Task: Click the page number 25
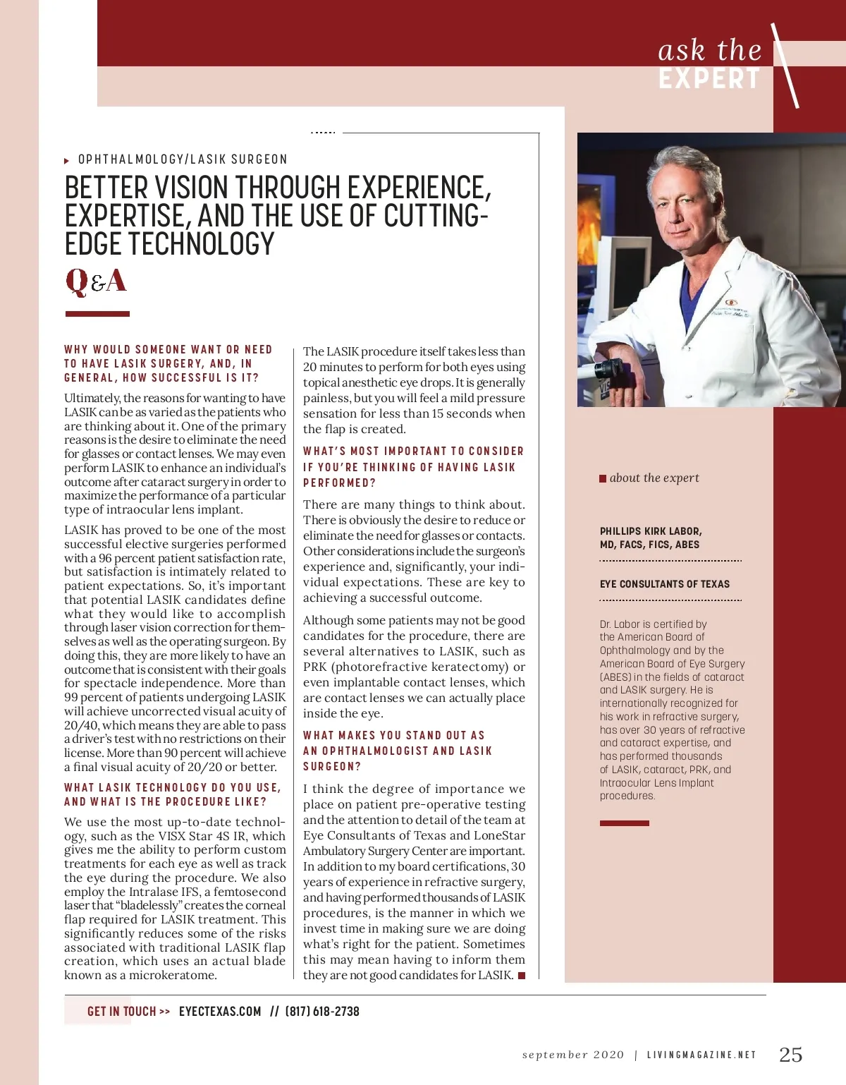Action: pos(790,1055)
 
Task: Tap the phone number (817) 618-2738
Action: pos(322,1012)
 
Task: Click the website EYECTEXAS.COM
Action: pos(220,1012)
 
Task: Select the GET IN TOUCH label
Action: pos(121,1012)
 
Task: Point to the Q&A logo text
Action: pos(96,281)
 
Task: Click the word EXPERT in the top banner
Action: pos(709,79)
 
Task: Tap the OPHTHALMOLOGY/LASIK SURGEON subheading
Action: pos(183,159)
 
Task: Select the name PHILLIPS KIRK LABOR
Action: pos(651,531)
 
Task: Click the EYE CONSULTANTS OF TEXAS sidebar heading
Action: pos(665,584)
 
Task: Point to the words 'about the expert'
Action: pos(654,478)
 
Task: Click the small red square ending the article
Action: pos(522,976)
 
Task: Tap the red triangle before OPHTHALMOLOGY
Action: pos(67,161)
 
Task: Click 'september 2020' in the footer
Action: pos(573,1055)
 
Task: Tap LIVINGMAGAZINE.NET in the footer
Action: pos(701,1055)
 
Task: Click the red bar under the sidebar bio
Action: pos(624,823)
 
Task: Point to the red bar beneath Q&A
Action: pos(97,313)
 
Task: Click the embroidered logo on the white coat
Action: pos(731,302)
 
